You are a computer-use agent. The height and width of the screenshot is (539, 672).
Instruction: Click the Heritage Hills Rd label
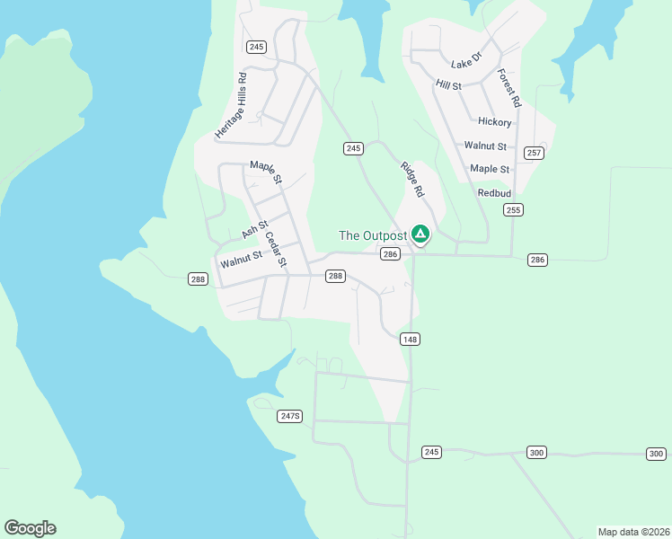231,105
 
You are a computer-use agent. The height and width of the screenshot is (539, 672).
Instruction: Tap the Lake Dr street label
466,59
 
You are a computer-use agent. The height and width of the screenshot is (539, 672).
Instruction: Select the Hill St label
448,85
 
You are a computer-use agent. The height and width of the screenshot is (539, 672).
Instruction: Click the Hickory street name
495,122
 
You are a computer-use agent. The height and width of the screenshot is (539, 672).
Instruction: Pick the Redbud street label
494,193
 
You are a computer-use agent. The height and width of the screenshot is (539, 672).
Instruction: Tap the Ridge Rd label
411,179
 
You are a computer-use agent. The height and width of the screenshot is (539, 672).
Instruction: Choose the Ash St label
255,230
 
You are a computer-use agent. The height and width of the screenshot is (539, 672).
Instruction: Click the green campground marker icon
420,234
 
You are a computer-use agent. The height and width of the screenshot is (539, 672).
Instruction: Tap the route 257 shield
534,153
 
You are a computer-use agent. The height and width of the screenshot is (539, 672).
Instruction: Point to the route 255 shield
513,210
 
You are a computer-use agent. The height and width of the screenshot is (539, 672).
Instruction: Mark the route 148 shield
411,339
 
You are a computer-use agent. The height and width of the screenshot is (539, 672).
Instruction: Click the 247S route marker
290,416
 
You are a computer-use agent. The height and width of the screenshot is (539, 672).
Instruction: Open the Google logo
30,528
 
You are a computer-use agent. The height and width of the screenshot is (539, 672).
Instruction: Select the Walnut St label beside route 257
485,146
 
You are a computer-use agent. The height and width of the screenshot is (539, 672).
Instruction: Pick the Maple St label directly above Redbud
490,169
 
